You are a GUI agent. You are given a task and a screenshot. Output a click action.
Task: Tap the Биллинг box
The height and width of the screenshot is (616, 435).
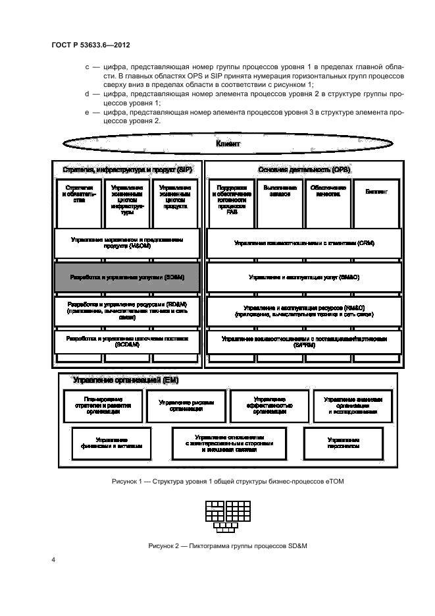(x=376, y=192)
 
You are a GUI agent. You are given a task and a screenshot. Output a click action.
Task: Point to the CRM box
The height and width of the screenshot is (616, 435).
(x=303, y=243)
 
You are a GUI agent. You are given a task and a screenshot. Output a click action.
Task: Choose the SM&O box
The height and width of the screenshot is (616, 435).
(x=303, y=278)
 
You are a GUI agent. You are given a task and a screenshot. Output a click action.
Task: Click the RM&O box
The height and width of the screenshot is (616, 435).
(x=303, y=312)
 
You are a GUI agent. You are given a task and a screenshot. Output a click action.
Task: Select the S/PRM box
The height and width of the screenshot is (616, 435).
(x=303, y=341)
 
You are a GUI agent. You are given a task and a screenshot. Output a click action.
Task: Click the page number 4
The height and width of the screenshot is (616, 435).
(x=54, y=561)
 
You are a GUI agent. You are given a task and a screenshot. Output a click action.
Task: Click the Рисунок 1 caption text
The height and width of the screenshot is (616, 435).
(x=227, y=482)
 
